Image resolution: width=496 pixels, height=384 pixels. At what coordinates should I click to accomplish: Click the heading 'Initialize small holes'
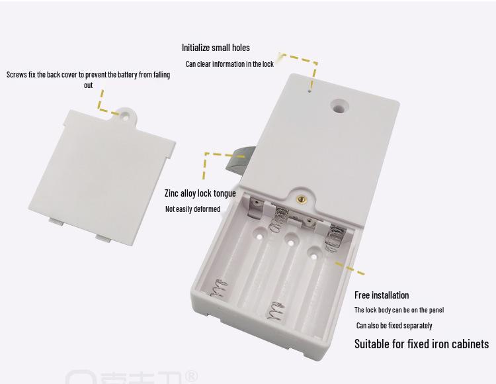216,48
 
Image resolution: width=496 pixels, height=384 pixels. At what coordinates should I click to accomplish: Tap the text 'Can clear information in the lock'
229,64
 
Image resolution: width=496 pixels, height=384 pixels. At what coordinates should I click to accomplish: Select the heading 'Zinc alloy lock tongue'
200,193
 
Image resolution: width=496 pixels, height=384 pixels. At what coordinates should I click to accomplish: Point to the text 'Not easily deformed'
192,209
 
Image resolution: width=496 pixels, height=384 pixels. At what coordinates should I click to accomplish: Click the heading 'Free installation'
382,295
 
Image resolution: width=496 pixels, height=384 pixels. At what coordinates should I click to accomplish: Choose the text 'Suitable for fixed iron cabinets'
421,344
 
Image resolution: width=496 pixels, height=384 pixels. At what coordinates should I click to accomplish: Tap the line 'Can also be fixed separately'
394,326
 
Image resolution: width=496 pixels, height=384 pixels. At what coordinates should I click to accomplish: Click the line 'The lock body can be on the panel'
399,310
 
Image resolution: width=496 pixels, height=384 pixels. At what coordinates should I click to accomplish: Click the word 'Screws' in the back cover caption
17,75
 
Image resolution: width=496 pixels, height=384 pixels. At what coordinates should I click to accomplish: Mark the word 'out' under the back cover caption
88,85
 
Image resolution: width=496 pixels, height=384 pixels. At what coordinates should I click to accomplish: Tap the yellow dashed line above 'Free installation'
350,268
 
